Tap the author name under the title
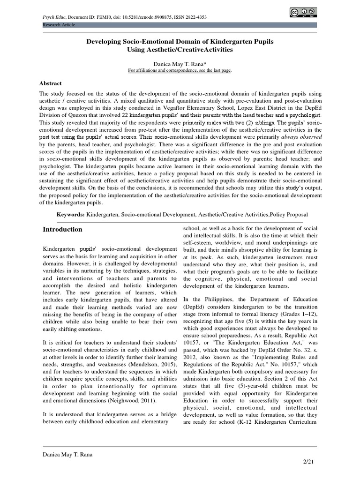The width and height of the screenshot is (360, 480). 180,63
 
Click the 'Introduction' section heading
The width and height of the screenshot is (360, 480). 62,230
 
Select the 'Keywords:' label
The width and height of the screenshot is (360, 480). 70,213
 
